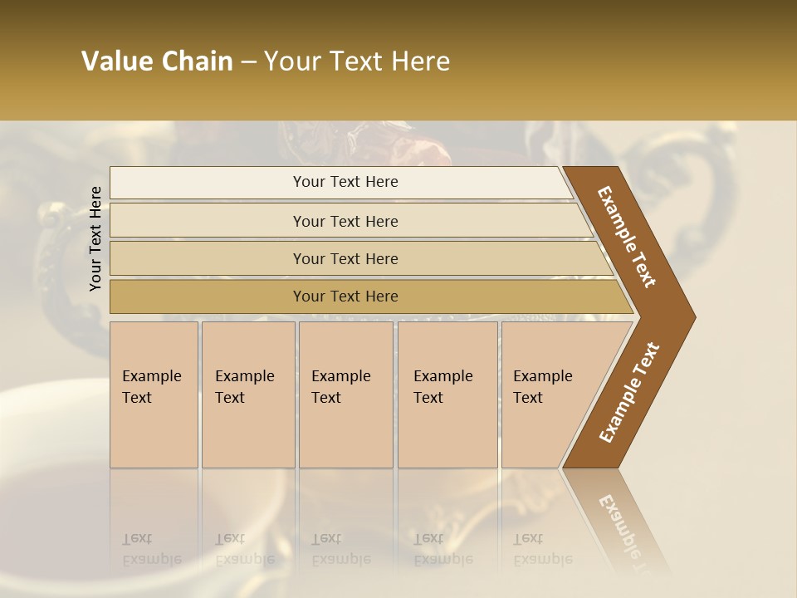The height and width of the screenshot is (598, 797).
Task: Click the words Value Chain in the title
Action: [x=157, y=61]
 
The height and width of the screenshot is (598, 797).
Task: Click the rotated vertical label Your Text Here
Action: [x=96, y=238]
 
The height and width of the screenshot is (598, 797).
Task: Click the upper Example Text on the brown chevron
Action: [x=627, y=237]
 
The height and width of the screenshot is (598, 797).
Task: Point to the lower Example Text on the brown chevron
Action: [x=629, y=392]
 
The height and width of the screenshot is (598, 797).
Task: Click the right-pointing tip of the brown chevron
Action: [x=691, y=317]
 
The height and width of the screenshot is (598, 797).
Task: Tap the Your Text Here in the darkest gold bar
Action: [x=345, y=297]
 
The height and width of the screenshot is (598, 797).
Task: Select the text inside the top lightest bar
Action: [x=345, y=182]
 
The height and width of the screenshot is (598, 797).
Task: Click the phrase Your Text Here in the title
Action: [x=357, y=61]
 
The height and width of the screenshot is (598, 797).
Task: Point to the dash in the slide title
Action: [x=248, y=61]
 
